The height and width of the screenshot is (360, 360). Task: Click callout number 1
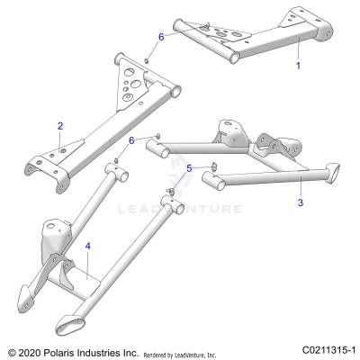point(299,66)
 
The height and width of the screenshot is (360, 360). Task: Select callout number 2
point(59,126)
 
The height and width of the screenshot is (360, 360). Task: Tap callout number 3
point(300,203)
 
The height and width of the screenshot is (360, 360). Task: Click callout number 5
point(189,168)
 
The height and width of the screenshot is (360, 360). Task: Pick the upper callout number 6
point(162,37)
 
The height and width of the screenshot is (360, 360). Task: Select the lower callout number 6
point(131,141)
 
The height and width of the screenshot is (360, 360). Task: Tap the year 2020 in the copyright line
point(33,349)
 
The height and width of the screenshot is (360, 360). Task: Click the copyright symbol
point(11,349)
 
